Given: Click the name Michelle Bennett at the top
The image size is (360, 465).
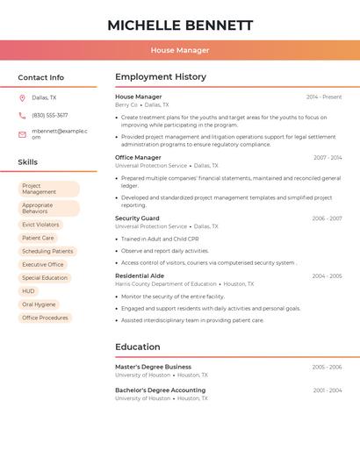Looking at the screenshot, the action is [180, 25].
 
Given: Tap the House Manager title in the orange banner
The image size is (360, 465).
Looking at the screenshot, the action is [180, 50].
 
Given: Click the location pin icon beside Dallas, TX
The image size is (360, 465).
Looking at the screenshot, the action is [22, 97].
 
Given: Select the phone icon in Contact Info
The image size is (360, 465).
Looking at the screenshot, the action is [22, 115].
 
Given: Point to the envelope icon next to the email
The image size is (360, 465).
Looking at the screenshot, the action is [22, 134].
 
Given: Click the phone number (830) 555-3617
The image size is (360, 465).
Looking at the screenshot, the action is [50, 115].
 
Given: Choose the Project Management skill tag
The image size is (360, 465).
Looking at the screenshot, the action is [48, 189].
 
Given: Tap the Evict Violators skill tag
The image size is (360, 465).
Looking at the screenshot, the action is [41, 225].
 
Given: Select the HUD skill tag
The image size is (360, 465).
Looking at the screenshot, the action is [29, 291].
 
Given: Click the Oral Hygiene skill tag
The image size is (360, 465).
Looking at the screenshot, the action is [40, 304].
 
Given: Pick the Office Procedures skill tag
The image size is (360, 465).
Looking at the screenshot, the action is [45, 318].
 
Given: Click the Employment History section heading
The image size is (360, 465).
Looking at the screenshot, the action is [161, 77].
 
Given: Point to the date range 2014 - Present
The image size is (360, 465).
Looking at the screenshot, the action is [324, 97].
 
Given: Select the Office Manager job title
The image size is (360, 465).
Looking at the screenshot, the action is [137, 157].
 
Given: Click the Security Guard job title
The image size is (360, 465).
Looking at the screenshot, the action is [137, 218].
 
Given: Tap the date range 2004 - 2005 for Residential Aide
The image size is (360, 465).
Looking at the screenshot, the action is [327, 276].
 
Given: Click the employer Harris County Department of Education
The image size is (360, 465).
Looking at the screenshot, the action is [166, 284].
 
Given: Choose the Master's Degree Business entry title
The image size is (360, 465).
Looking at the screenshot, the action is [153, 367].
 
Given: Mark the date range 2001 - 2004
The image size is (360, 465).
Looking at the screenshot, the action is [327, 390].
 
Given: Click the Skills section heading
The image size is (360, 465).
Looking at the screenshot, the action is [28, 162].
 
